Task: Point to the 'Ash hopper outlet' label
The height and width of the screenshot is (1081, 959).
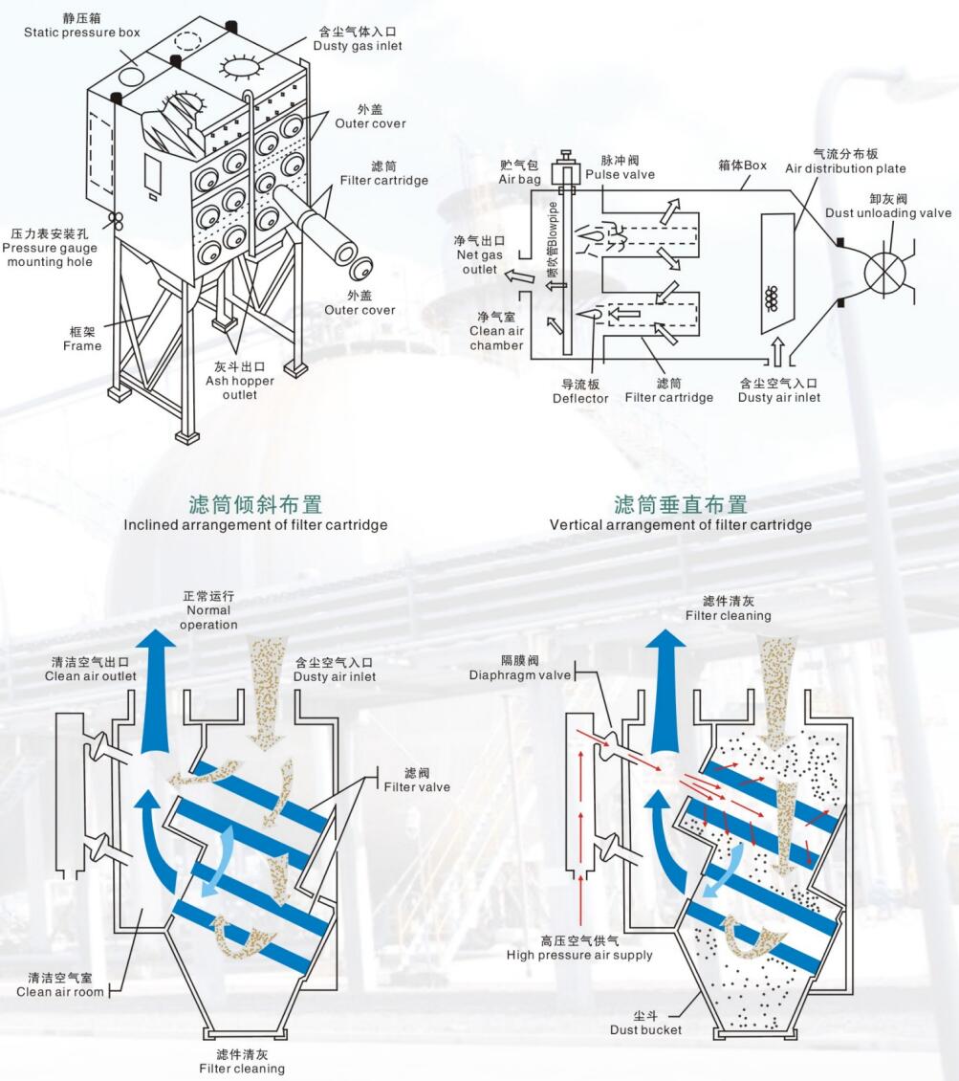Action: [239, 381]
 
